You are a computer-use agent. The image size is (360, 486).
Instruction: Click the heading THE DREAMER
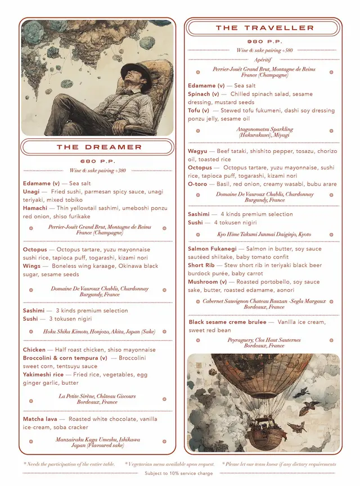click(x=99, y=147)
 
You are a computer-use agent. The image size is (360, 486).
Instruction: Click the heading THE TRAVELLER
click(x=264, y=28)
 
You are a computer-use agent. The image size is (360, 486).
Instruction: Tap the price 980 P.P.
click(x=264, y=42)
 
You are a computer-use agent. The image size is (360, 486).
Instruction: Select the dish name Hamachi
click(x=35, y=208)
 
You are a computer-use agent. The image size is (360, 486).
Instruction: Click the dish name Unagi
click(x=31, y=192)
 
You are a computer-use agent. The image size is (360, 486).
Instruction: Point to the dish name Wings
click(x=32, y=266)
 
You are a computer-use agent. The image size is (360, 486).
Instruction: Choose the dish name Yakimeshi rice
click(x=43, y=374)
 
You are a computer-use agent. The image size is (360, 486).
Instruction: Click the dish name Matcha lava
click(x=40, y=419)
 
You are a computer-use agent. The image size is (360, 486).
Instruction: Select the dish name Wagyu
click(x=198, y=151)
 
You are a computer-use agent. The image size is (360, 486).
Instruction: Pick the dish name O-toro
click(x=197, y=184)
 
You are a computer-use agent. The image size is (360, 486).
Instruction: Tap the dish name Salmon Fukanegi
click(x=212, y=249)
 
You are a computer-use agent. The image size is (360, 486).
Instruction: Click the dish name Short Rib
click(x=201, y=265)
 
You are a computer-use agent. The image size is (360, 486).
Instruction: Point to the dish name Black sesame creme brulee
click(x=228, y=322)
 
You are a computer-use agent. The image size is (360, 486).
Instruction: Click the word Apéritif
click(x=263, y=59)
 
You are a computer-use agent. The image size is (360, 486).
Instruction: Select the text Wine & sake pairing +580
click(x=264, y=50)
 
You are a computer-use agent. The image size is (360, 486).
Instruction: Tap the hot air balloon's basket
click(x=265, y=434)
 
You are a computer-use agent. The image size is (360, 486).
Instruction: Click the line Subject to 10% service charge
click(x=179, y=474)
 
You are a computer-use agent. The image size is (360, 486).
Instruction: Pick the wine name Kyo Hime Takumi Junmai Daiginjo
click(x=264, y=234)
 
